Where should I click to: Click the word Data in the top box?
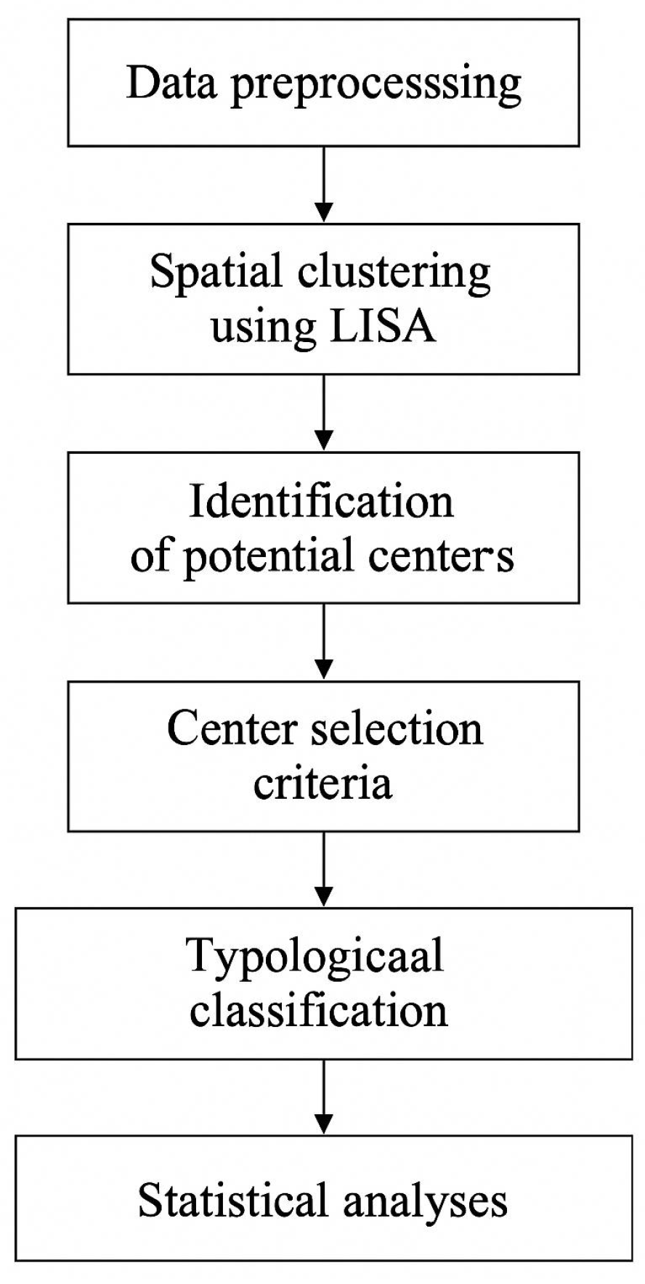pyautogui.click(x=171, y=83)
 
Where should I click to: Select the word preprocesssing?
pyautogui.click(x=376, y=86)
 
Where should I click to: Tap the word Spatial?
pyautogui.click(x=216, y=273)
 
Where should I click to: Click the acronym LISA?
pyautogui.click(x=382, y=327)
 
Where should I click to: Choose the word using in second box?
pyautogui.click(x=263, y=329)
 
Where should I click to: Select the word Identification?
pyautogui.click(x=321, y=501)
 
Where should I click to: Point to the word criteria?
pyautogui.click(x=322, y=783)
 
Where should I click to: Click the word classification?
pyautogui.click(x=318, y=1010)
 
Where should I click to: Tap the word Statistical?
pyautogui.click(x=232, y=1200)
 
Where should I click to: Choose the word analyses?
pyautogui.click(x=425, y=1203)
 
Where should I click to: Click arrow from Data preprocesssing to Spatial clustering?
pyautogui.click(x=324, y=184)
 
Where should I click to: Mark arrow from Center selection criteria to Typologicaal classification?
pyautogui.click(x=324, y=869)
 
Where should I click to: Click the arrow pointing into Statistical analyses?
pyautogui.click(x=324, y=1097)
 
